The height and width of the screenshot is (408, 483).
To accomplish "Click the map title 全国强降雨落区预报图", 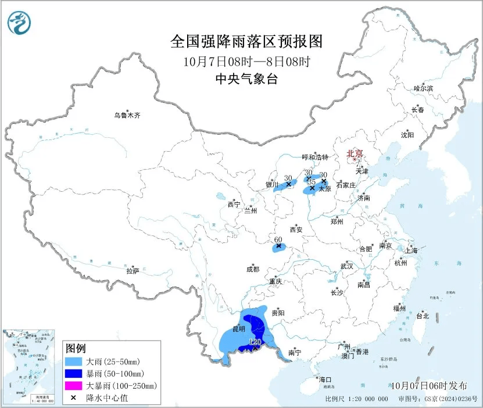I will (x=246, y=42).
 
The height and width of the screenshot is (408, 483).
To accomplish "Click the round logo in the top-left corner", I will (x=19, y=23).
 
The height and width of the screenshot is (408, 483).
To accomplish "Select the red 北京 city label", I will (x=355, y=154).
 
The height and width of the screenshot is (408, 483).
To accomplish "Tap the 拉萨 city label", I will (x=133, y=270).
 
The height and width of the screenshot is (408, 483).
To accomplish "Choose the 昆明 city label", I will (x=239, y=329).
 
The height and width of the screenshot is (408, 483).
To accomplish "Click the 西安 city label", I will (x=296, y=230).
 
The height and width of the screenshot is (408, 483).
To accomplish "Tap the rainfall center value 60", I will (x=278, y=239).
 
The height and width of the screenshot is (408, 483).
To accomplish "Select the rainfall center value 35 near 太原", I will (x=311, y=182).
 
